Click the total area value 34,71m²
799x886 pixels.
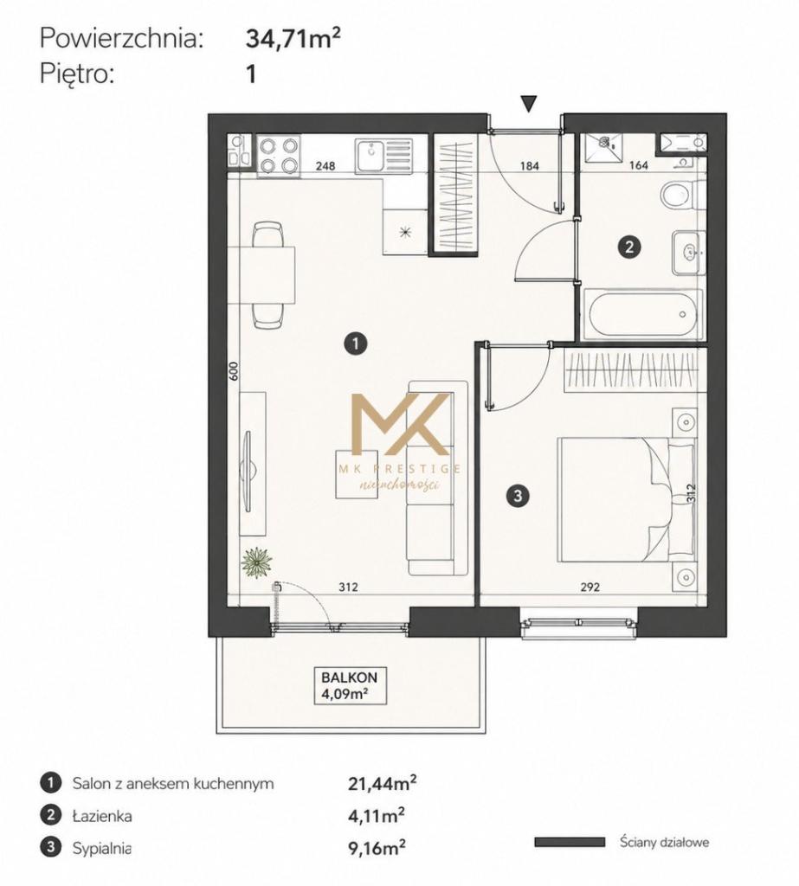pos(293,38)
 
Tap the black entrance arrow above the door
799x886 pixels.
pos(529,104)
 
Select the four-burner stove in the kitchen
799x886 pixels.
pos(278,156)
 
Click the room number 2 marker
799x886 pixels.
pos(628,247)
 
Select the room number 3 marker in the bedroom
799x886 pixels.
pos(518,496)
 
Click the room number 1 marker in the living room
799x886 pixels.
pos(356,343)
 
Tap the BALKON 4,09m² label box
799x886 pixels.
pos(350,685)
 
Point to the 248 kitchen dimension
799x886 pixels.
pos(325,166)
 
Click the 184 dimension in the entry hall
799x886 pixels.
pos(529,166)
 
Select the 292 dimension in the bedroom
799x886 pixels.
pos(590,587)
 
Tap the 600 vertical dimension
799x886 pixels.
pos(235,370)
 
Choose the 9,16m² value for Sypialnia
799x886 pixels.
pos(376,848)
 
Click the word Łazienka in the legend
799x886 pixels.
pos(102,816)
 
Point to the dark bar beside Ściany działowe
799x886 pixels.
pos(570,843)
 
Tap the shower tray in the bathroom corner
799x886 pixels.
pos(602,147)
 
